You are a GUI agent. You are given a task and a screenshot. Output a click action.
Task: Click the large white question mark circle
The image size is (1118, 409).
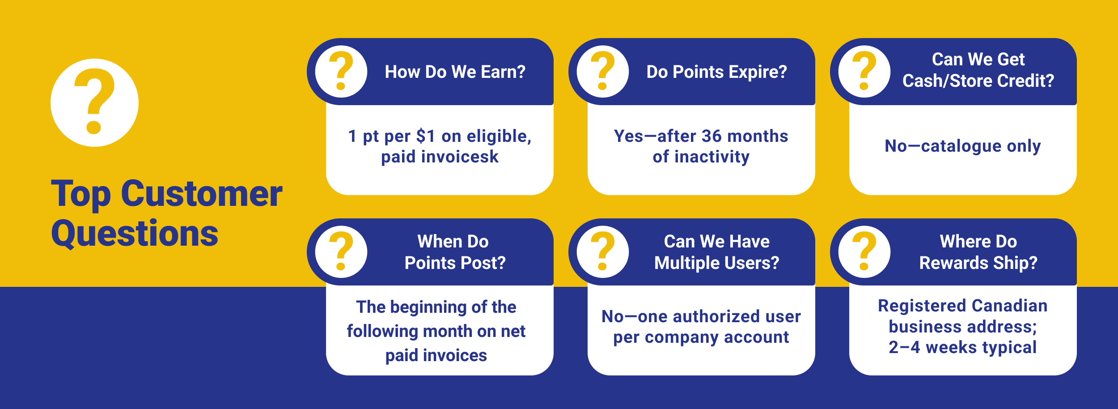pyautogui.click(x=94, y=102)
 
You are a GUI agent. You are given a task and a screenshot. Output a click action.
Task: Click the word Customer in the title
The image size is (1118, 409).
pyautogui.click(x=201, y=194)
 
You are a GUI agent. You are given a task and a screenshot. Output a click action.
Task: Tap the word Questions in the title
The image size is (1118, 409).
pyautogui.click(x=135, y=234)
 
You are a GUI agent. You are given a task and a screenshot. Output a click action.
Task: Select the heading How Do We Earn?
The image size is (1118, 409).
pyautogui.click(x=455, y=72)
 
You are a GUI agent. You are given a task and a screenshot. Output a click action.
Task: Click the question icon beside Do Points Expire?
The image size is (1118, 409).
pyautogui.click(x=603, y=72)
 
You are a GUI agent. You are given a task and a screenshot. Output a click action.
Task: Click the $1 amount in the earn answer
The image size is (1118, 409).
pyautogui.click(x=425, y=136)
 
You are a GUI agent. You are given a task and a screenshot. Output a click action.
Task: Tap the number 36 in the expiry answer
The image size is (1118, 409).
pyautogui.click(x=711, y=136)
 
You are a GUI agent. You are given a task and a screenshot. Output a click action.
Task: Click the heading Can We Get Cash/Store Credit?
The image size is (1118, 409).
pyautogui.click(x=978, y=70)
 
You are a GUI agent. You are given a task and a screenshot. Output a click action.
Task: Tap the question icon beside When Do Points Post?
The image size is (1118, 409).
pyautogui.click(x=341, y=252)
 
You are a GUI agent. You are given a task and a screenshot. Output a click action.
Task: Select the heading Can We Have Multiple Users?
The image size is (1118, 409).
pyautogui.click(x=716, y=252)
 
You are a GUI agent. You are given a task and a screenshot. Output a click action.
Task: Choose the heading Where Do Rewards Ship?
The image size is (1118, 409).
pyautogui.click(x=978, y=252)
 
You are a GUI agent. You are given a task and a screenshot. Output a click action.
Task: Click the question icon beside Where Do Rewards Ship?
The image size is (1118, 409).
pyautogui.click(x=864, y=252)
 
